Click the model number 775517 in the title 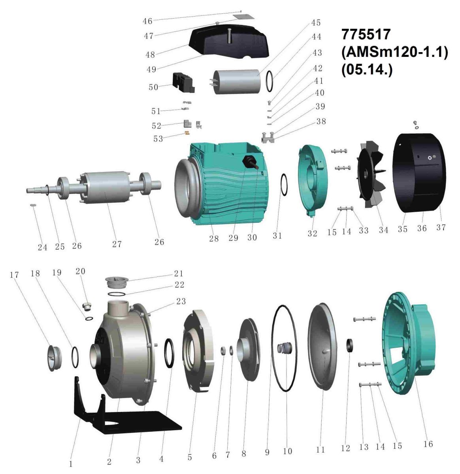tap(366, 34)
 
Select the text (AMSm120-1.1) tap(395, 53)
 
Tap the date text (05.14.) tap(367, 70)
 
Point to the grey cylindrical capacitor tap(236, 82)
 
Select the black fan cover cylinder tap(419, 173)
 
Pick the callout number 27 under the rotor tap(117, 244)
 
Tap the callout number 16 tap(428, 444)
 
